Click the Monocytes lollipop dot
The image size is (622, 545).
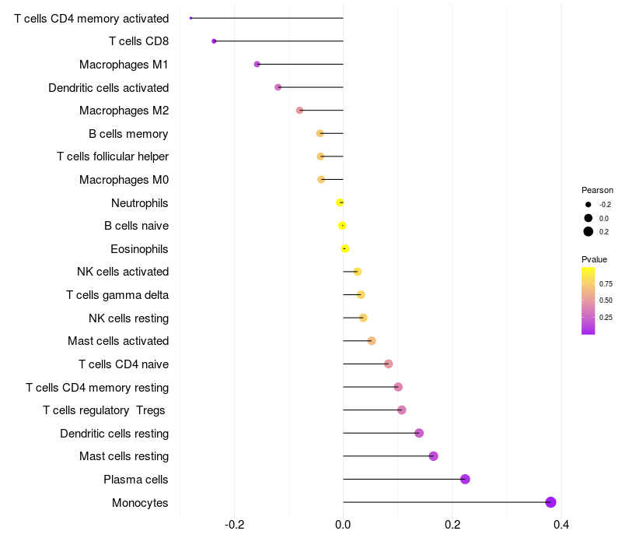[550, 502]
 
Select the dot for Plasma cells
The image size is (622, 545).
[465, 479]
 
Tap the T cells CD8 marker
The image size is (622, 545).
[214, 40]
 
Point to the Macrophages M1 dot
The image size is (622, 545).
[257, 64]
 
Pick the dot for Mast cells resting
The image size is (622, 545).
[433, 456]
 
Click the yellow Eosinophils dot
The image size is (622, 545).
[345, 249]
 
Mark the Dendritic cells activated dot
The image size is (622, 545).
[278, 87]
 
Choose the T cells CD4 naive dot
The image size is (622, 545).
[388, 364]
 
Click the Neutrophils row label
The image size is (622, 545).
[140, 203]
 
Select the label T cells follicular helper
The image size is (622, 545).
[113, 156]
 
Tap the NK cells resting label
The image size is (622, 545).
[128, 318]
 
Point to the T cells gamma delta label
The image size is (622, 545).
[117, 295]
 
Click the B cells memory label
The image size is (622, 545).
[128, 134]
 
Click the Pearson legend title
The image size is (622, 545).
[597, 190]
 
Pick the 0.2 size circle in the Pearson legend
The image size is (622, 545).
[589, 231]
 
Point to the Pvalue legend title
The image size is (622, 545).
[594, 259]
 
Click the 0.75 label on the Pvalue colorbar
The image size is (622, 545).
[606, 284]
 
